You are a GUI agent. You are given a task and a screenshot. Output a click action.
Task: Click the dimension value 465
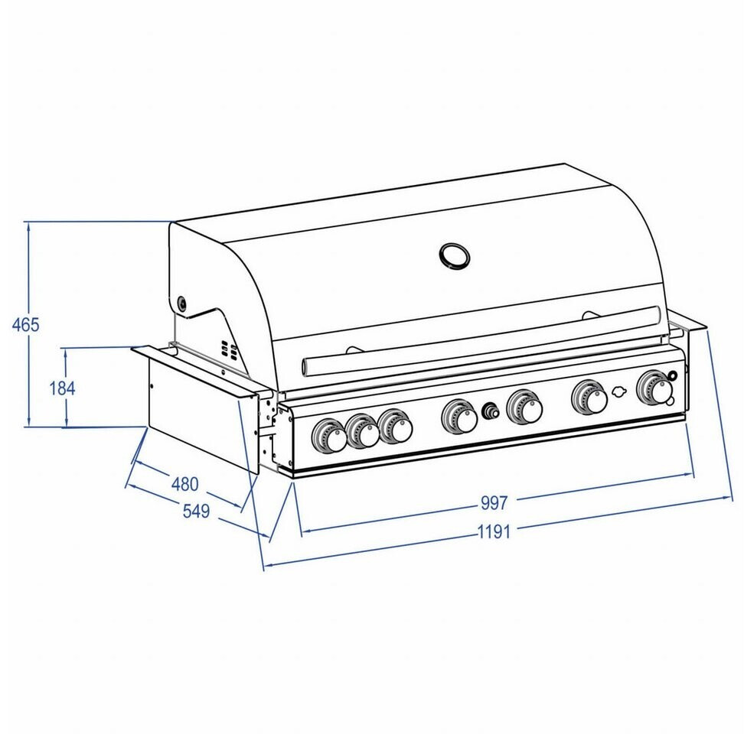click(25, 324)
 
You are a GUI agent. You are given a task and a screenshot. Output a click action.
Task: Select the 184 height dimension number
click(62, 388)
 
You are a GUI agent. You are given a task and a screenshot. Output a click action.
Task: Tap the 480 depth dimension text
click(184, 483)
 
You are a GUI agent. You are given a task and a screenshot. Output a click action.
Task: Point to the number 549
click(196, 512)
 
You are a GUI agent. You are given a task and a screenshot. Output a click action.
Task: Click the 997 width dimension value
click(494, 503)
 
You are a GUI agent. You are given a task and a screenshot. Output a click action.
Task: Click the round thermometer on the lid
click(454, 256)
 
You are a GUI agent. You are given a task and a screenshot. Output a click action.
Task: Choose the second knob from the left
click(363, 432)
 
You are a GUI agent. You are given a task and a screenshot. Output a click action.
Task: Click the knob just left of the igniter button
click(459, 417)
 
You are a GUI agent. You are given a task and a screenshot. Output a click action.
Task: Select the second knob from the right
click(589, 397)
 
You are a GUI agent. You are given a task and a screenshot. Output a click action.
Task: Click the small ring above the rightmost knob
click(673, 375)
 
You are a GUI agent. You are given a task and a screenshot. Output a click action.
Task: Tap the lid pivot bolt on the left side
click(182, 304)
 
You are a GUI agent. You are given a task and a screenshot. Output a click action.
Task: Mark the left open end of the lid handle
click(307, 367)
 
